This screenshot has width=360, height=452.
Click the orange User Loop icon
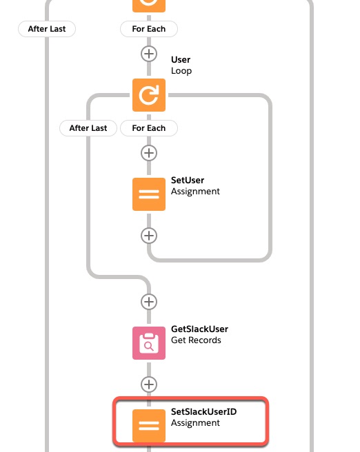pos(149,95)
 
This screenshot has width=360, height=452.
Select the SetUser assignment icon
pos(149,194)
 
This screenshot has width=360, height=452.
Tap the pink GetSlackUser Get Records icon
pos(149,343)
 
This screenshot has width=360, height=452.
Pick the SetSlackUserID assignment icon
pos(149,426)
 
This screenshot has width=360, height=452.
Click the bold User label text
pos(181,60)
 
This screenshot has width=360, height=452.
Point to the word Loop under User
pos(181,71)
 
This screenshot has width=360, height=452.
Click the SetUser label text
pos(188,180)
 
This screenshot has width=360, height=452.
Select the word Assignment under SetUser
pos(195,192)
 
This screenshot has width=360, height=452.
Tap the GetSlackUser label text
pos(199,329)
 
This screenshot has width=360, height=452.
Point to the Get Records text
pos(196,340)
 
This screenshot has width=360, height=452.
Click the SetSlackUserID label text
pos(203,411)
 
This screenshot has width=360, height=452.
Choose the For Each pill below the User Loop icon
pos(149,128)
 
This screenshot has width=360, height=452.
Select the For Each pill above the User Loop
pos(149,29)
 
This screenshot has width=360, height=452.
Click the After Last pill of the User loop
pos(88,128)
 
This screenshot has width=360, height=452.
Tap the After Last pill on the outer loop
pos(47,29)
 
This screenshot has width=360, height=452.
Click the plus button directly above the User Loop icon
pos(149,54)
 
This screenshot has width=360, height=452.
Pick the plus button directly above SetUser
pos(149,153)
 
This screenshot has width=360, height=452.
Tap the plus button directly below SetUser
pos(149,236)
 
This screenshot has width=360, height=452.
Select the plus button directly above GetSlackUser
pos(149,302)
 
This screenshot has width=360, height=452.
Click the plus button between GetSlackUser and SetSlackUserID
pos(149,384)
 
